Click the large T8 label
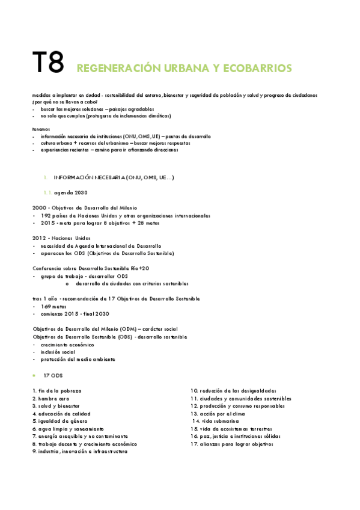[47, 63]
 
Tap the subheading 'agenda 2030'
[71, 192]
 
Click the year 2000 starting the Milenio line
[38, 207]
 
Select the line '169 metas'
[53, 306]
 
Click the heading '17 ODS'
[53, 375]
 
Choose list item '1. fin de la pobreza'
[57, 391]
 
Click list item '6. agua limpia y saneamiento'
[71, 429]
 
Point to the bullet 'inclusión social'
[58, 352]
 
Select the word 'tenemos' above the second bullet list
[42, 129]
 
